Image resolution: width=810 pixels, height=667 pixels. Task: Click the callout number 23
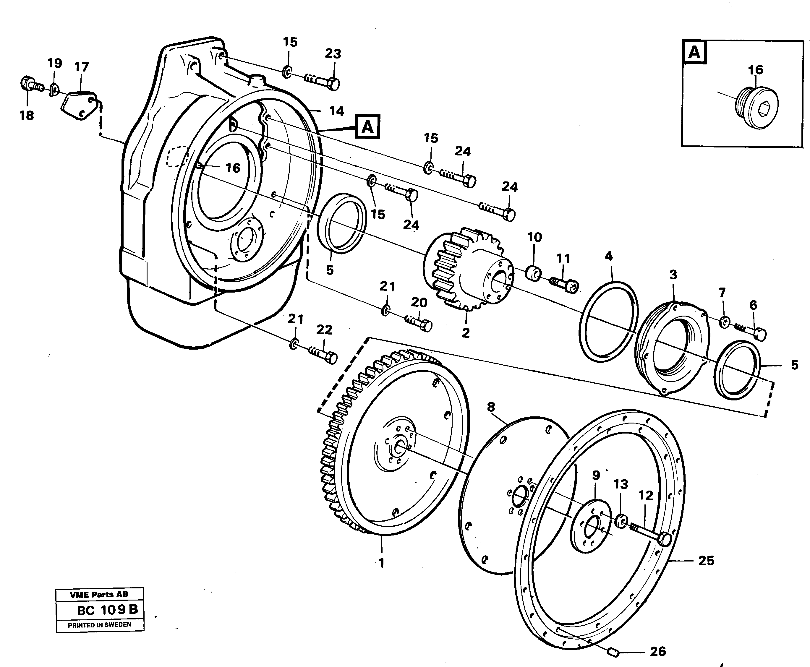pos(333,54)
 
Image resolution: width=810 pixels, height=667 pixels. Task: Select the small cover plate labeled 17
pos(79,105)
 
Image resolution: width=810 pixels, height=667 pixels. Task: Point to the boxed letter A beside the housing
pos(367,126)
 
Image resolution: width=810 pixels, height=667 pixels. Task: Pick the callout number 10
pos(534,237)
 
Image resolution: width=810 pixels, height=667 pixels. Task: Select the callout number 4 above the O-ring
pos(609,256)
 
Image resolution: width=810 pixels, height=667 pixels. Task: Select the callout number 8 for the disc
pos(491,407)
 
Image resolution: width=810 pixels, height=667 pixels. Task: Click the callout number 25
pos(706,561)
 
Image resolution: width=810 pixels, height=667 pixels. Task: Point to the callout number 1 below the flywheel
pos(381,563)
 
